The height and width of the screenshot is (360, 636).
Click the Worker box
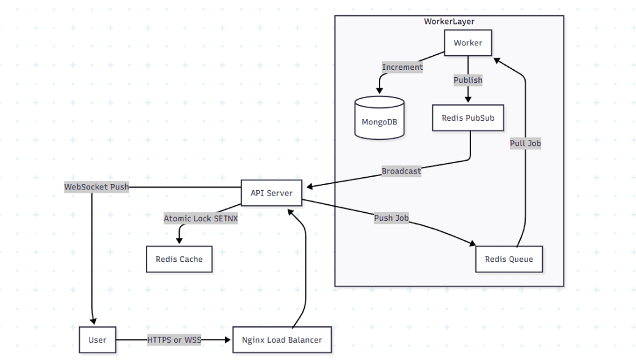tap(468, 43)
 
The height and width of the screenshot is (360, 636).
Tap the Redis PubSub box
tap(468, 118)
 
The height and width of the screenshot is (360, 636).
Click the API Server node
tap(271, 193)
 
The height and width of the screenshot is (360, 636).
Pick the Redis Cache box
tap(179, 259)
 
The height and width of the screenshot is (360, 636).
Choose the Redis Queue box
tap(508, 259)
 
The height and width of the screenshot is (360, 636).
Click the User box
tap(97, 340)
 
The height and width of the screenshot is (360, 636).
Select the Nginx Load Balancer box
tap(282, 340)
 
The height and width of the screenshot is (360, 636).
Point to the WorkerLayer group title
tap(449, 21)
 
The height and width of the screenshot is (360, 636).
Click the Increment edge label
tap(402, 67)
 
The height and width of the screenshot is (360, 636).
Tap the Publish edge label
tap(468, 80)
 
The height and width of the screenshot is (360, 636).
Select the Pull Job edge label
tap(525, 144)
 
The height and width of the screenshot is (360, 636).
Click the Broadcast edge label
tap(401, 171)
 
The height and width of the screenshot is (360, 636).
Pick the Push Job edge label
tap(391, 218)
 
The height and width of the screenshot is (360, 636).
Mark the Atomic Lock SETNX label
tap(201, 218)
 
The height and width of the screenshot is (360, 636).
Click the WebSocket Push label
tap(97, 186)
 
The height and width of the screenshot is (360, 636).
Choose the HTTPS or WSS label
tap(174, 340)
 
